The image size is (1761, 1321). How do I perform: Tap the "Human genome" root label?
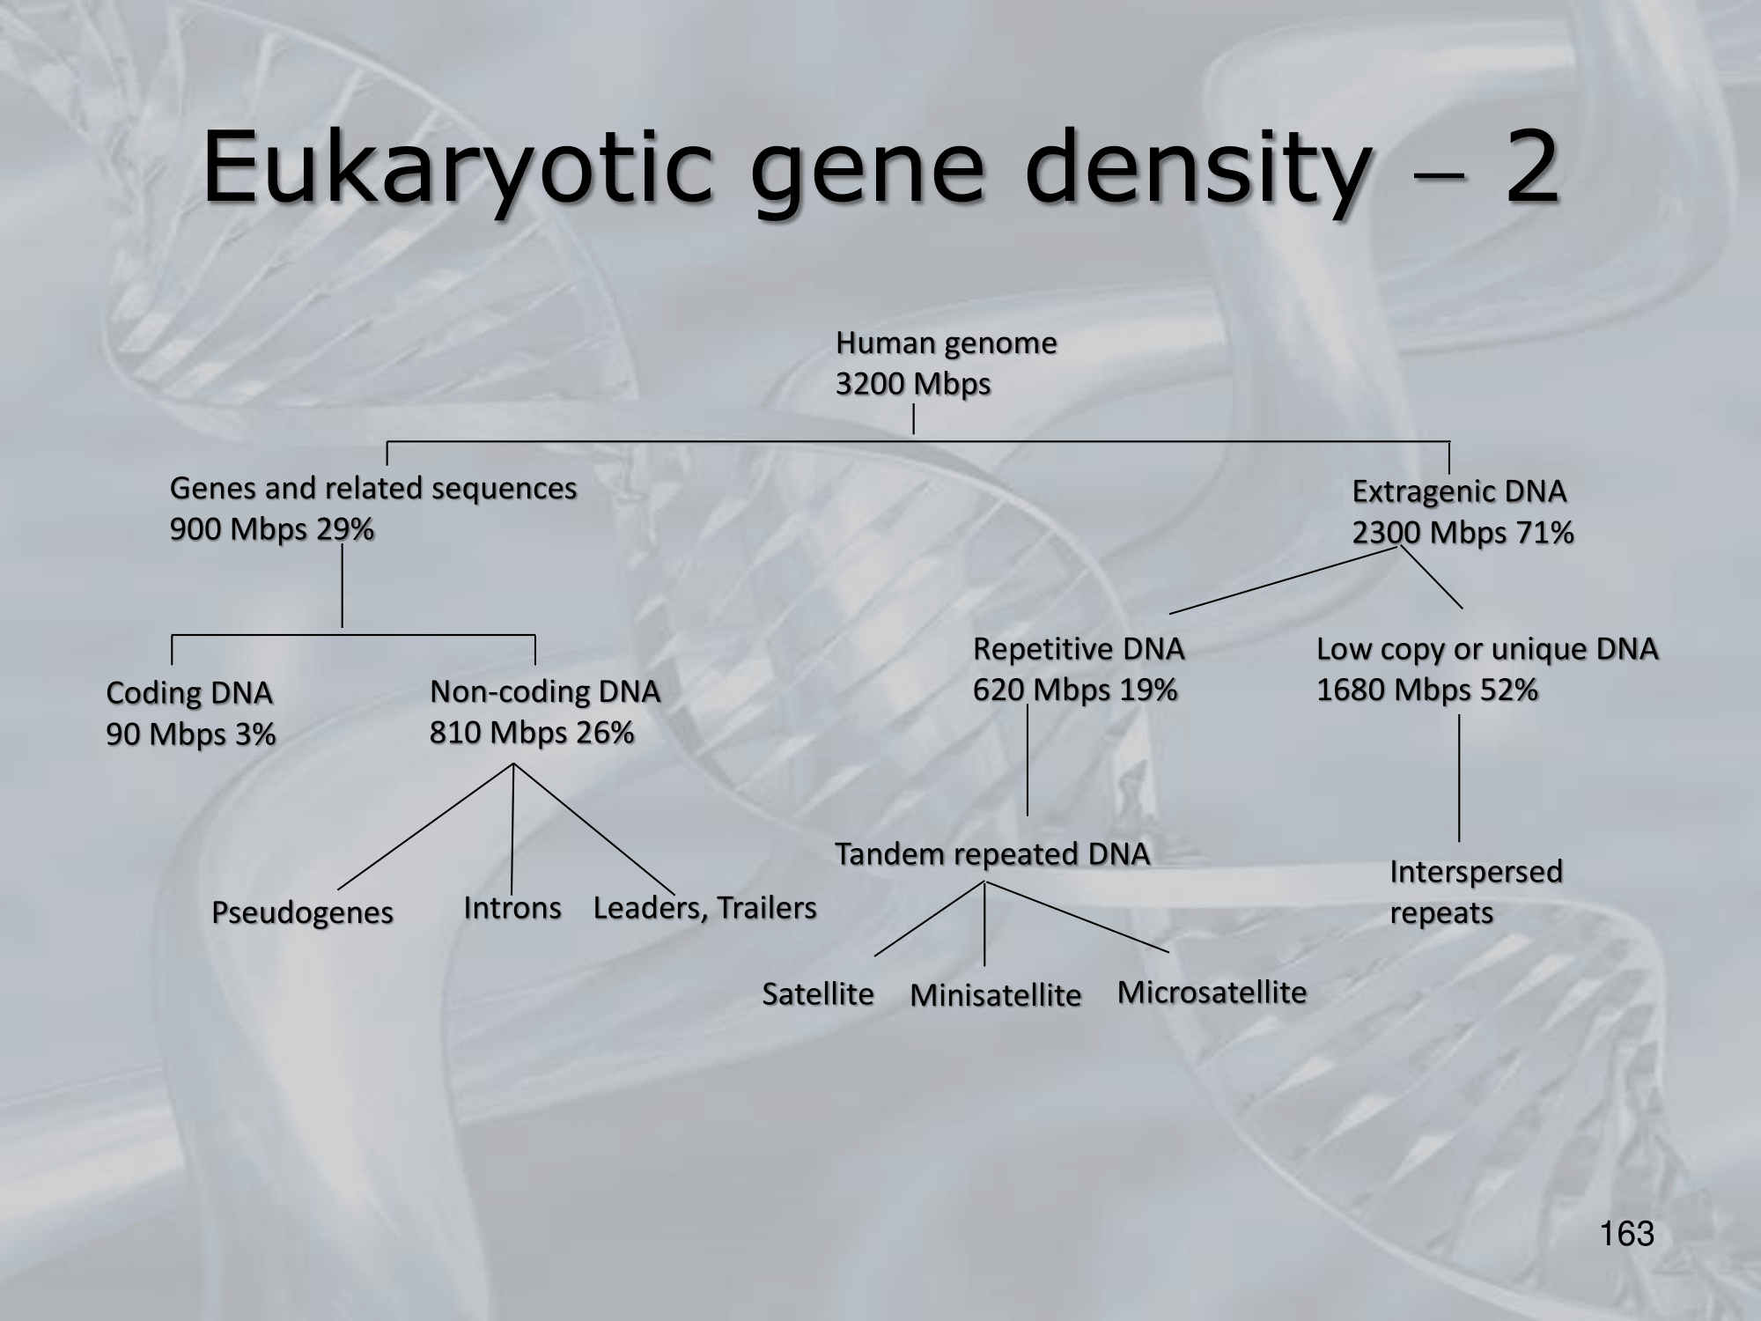pyautogui.click(x=946, y=343)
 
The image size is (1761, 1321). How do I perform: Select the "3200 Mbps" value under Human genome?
pyautogui.click(x=913, y=384)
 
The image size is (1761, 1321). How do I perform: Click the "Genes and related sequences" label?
pyautogui.click(x=372, y=488)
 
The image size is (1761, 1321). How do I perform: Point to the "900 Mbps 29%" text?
pyautogui.click(x=271, y=529)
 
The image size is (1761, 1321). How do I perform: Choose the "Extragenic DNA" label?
pyautogui.click(x=1459, y=491)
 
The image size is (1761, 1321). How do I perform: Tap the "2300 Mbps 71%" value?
pyautogui.click(x=1463, y=533)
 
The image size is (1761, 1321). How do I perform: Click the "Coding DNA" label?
pyautogui.click(x=188, y=693)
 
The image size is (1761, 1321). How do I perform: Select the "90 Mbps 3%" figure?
pyautogui.click(x=191, y=734)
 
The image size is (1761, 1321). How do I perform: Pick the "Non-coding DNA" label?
pyautogui.click(x=544, y=691)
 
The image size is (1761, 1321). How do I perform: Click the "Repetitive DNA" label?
pyautogui.click(x=1078, y=649)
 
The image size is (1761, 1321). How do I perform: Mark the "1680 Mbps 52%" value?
pyautogui.click(x=1426, y=690)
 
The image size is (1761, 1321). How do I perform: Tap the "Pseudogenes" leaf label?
pyautogui.click(x=302, y=912)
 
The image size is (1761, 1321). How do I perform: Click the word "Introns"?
pyautogui.click(x=512, y=907)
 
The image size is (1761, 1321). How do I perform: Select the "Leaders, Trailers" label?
pyautogui.click(x=704, y=907)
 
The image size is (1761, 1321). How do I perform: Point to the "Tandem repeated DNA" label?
pyautogui.click(x=991, y=854)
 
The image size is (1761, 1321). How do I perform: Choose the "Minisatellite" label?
pyautogui.click(x=995, y=995)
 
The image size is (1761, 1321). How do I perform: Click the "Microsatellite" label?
pyautogui.click(x=1212, y=993)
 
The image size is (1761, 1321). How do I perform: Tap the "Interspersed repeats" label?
pyautogui.click(x=1476, y=891)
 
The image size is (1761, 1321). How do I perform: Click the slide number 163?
pyautogui.click(x=1627, y=1235)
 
